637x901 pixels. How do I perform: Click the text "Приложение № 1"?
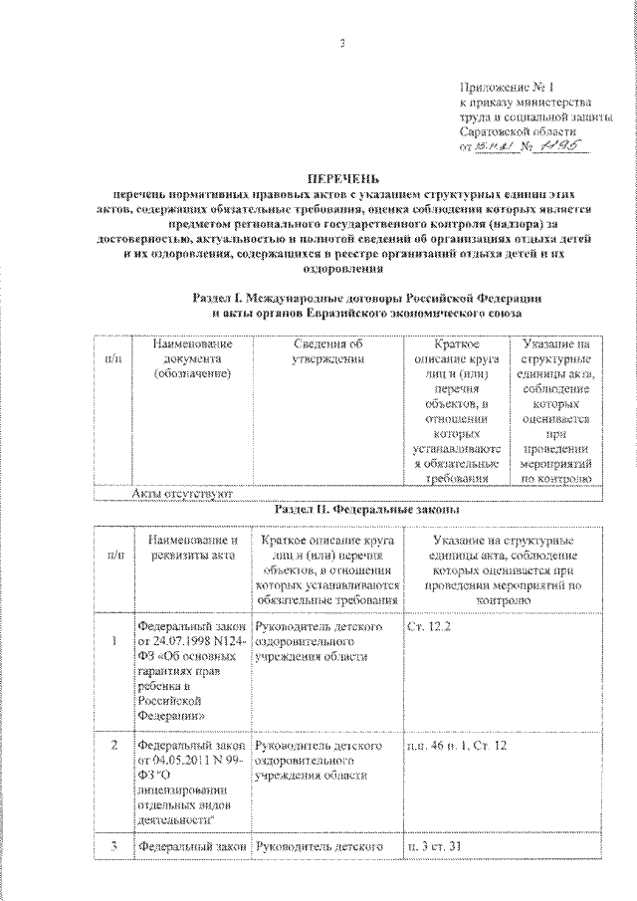[504, 88]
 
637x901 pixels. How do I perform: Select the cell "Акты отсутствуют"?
[181, 492]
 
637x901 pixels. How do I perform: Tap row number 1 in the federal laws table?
[115, 643]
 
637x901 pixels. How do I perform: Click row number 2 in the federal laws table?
[115, 745]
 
